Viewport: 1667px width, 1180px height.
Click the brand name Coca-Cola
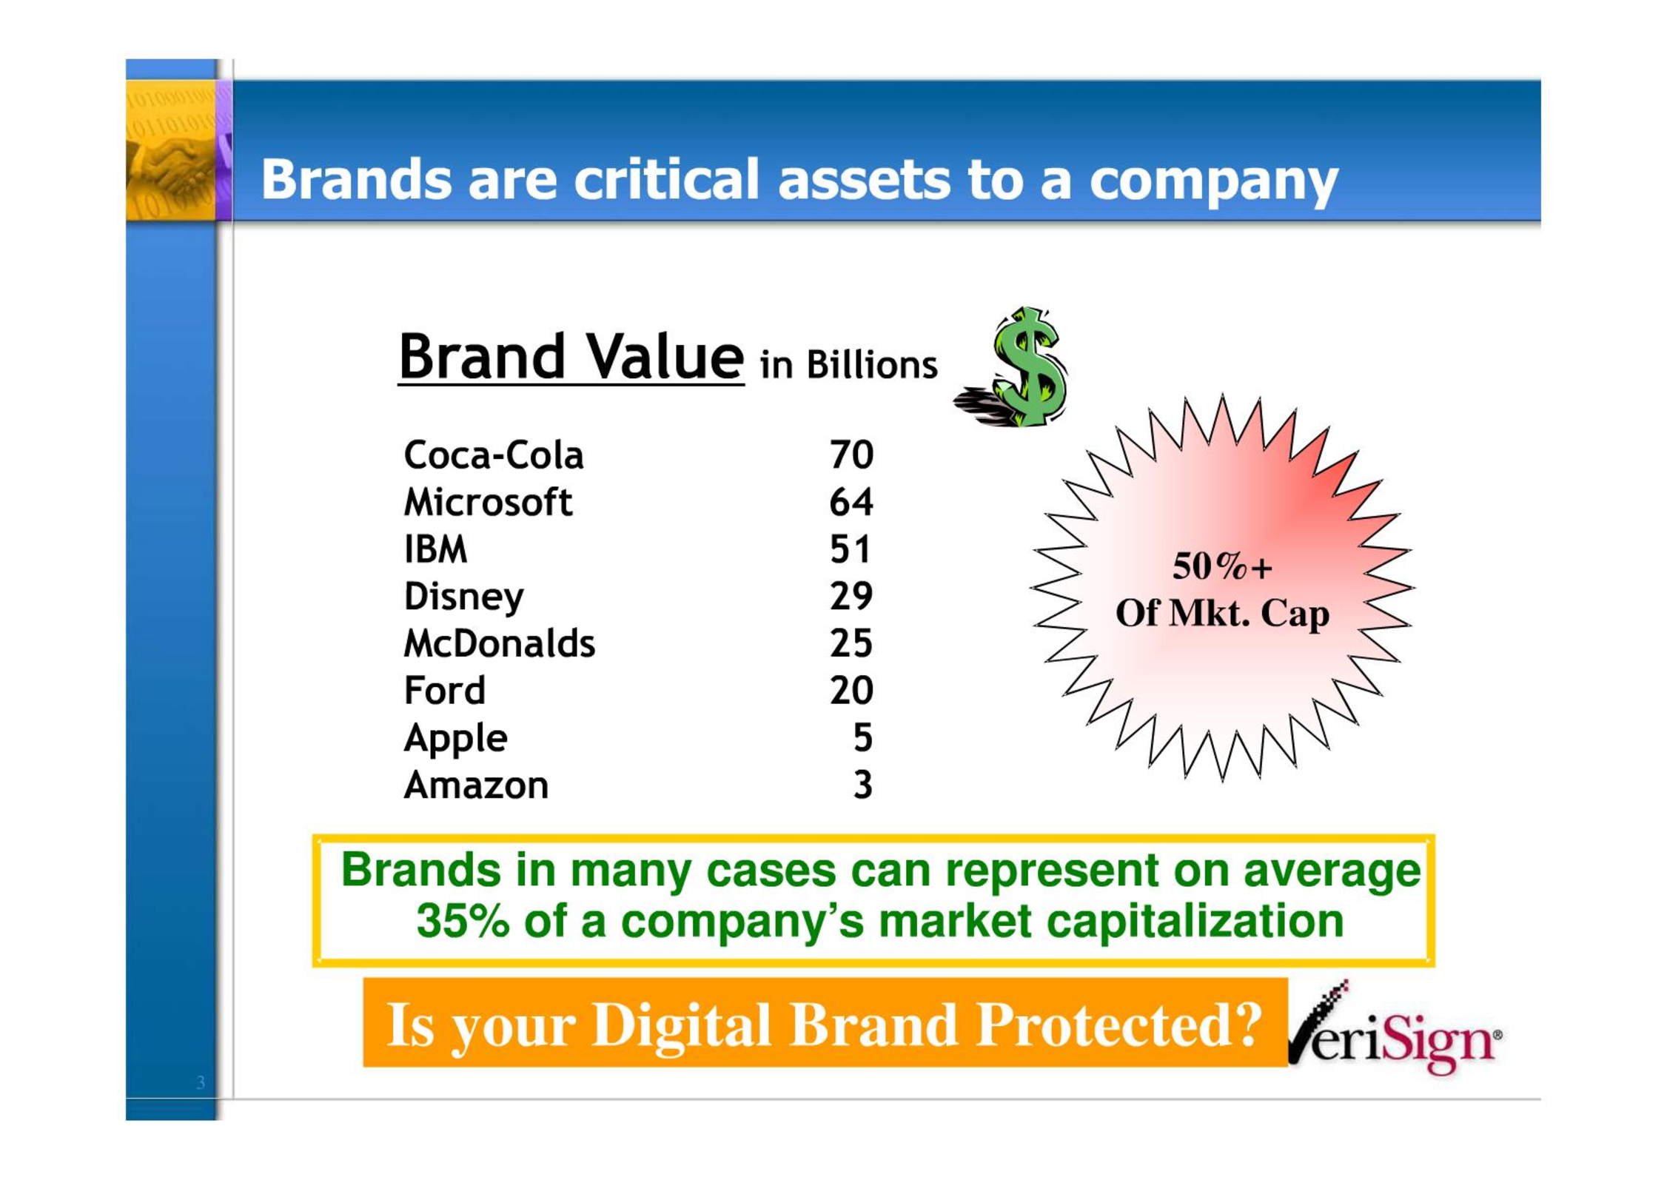(494, 455)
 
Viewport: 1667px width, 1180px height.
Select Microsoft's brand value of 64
(851, 502)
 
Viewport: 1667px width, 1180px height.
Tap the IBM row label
(435, 549)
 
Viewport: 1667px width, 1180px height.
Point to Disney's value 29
(851, 596)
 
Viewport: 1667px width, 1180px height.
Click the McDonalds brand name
(499, 643)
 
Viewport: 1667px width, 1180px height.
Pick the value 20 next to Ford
(851, 691)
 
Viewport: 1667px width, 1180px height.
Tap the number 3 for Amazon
(863, 785)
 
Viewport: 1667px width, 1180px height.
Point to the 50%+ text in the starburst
(1222, 567)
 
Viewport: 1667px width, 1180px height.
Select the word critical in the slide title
(666, 179)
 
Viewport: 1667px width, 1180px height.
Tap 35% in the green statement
(463, 921)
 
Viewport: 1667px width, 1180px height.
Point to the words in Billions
(848, 364)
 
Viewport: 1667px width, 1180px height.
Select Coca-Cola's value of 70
(851, 455)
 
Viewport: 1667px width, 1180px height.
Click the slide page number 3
(201, 1082)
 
